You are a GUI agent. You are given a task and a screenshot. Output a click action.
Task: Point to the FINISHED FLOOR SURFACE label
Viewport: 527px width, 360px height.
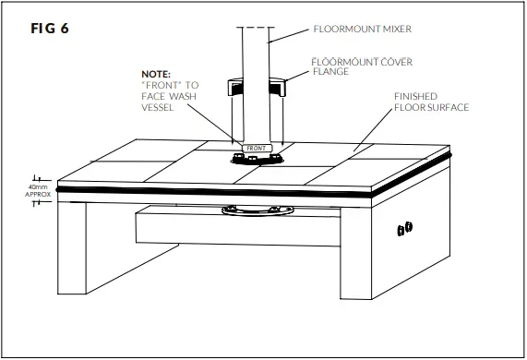(x=431, y=102)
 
